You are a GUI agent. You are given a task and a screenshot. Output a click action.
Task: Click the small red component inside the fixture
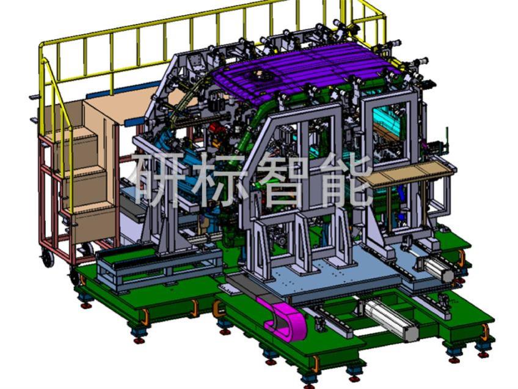pos(216,128)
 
